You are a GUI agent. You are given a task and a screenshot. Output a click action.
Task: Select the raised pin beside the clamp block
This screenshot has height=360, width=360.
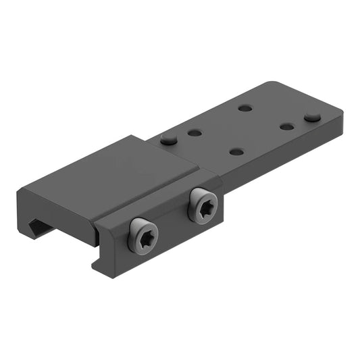(x=169, y=138)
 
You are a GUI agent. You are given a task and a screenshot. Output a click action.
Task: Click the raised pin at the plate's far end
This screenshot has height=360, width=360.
(x=312, y=117)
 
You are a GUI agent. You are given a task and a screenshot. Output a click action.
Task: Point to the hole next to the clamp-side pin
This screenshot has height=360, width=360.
(x=195, y=133)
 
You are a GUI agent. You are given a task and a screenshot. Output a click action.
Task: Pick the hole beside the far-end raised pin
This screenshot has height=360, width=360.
(x=287, y=126)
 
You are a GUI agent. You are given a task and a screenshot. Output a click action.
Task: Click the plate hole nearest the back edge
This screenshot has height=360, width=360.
(x=245, y=107)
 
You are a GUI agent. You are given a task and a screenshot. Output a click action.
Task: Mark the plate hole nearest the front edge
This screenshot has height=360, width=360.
(x=236, y=151)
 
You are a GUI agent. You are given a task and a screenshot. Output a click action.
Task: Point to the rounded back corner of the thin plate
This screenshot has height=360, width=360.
(x=272, y=84)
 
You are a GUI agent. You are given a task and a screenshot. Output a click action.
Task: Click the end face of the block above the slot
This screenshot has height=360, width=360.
(x=54, y=206)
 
